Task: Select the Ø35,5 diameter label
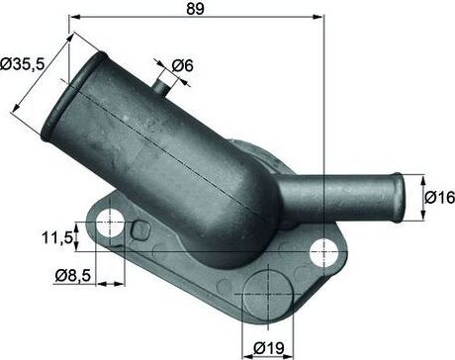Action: (x=22, y=65)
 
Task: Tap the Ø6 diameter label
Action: (x=182, y=65)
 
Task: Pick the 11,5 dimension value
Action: (x=57, y=238)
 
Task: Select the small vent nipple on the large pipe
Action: (x=162, y=84)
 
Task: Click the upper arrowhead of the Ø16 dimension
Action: (x=423, y=178)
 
